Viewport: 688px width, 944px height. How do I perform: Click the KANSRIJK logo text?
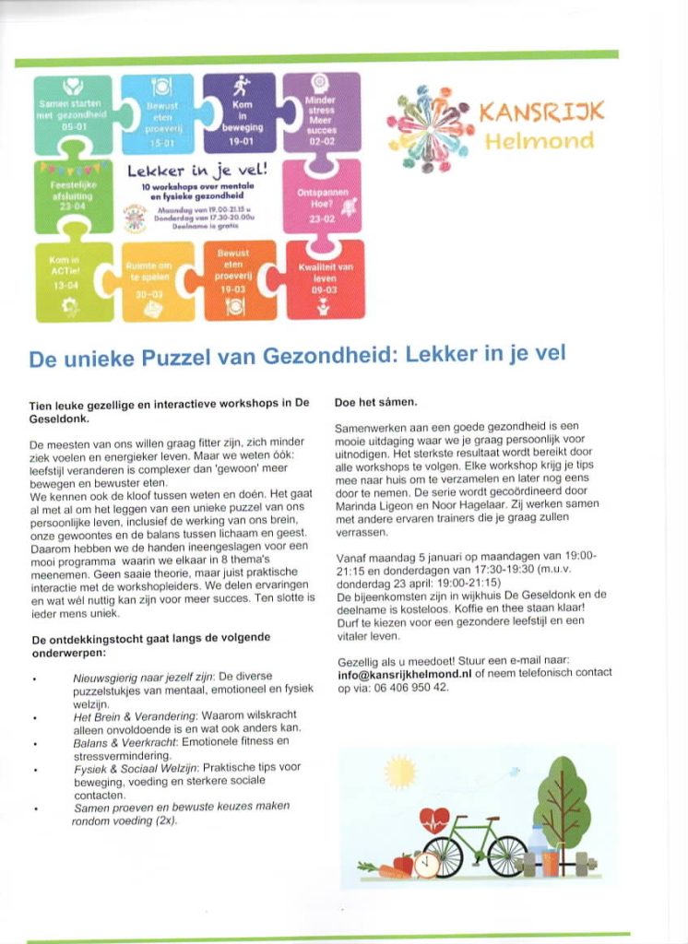point(541,113)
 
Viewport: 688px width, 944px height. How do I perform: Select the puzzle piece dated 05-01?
point(73,112)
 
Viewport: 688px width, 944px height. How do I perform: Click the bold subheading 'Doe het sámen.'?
point(375,403)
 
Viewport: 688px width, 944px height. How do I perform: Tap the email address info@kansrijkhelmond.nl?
point(405,674)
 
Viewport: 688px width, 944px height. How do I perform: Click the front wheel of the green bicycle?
point(506,856)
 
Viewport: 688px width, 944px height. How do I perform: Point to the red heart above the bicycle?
point(433,819)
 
